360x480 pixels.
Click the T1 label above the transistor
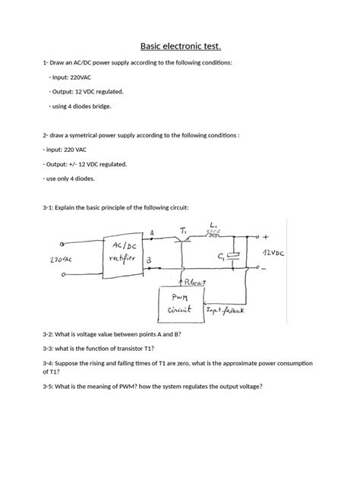pyautogui.click(x=184, y=228)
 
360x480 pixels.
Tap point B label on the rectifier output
pyautogui.click(x=150, y=259)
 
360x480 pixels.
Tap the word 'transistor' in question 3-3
pyautogui.click(x=134, y=349)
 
